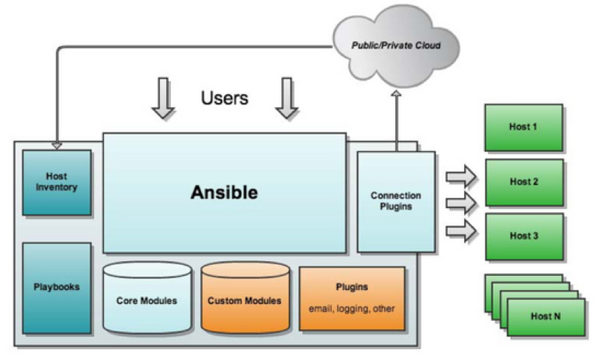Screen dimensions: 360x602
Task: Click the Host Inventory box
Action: (57, 182)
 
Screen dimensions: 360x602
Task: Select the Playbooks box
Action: (57, 287)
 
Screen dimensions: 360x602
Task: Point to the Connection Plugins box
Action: (396, 202)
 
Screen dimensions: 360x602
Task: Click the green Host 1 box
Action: (524, 127)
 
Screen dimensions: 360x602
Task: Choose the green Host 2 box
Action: (524, 182)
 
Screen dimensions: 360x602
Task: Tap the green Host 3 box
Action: (524, 236)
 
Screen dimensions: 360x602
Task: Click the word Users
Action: (224, 97)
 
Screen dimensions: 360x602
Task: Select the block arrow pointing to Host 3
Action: (461, 231)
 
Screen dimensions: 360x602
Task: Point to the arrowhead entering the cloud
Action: (396, 94)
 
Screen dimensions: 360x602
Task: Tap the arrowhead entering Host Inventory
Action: (57, 146)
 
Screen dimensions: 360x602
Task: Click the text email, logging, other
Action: (352, 308)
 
